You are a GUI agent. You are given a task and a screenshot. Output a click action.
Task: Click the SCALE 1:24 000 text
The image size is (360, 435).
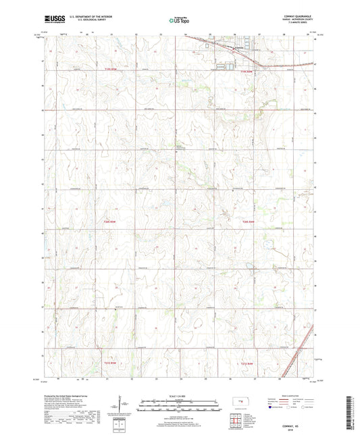click(x=180, y=396)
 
